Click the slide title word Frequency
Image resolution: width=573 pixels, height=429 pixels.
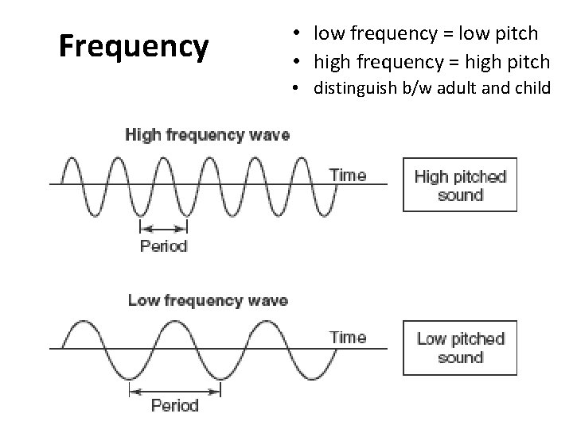click(x=134, y=48)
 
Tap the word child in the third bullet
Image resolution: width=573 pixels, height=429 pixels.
click(x=532, y=87)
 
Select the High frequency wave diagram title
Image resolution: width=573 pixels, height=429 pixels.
click(x=207, y=134)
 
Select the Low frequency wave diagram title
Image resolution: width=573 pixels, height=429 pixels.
click(x=208, y=301)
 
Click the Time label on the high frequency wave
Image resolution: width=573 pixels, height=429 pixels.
click(x=348, y=175)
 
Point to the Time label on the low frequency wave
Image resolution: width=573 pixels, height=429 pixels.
click(x=348, y=337)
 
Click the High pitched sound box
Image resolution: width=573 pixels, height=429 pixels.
click(x=460, y=185)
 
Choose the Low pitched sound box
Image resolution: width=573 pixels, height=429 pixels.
click(x=460, y=348)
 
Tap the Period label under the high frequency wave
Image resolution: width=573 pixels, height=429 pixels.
click(x=163, y=245)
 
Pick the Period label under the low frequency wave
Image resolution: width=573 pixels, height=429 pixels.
click(x=174, y=406)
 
